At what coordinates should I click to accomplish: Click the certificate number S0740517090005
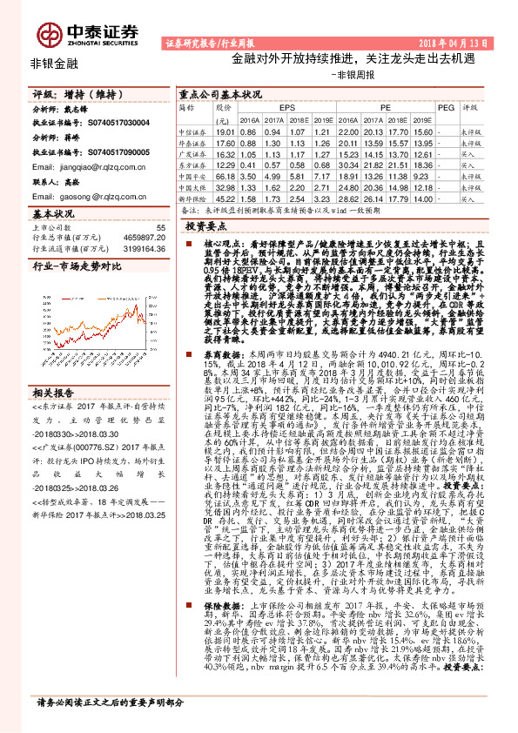[118, 151]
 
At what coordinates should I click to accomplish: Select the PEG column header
[446, 107]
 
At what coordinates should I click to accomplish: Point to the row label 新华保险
[192, 199]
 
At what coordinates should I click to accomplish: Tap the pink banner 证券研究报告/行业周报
[203, 42]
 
